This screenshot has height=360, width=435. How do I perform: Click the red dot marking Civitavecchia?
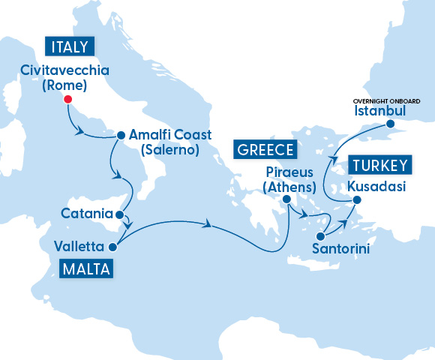coord(67,99)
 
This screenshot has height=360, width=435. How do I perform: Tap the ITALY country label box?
coord(71,46)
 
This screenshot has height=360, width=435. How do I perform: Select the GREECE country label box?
coord(265,150)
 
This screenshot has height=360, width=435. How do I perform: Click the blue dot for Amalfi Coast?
coord(119,136)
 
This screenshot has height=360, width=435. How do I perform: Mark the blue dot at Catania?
coord(117,214)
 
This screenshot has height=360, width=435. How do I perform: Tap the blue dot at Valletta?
coord(112,246)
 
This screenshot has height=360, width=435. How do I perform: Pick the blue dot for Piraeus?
coord(286,199)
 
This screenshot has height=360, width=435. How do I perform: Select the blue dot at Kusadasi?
coord(357,199)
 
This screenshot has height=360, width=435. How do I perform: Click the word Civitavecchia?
coord(65,71)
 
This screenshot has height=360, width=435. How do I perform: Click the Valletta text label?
coord(80,246)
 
